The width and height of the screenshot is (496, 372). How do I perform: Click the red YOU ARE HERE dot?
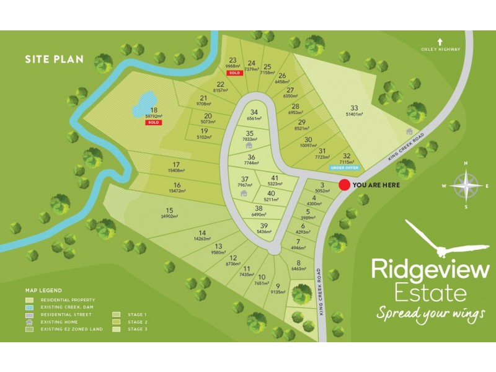[x=344, y=185]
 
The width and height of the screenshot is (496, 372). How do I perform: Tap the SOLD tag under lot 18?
[x=153, y=123]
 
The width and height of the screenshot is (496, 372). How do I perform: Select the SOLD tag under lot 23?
[x=234, y=73]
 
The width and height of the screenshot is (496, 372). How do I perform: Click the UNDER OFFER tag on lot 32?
[x=345, y=167]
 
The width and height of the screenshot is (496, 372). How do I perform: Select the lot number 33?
[x=354, y=107]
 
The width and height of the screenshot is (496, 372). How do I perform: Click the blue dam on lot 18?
[x=144, y=102]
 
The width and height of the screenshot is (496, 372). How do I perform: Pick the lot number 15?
[x=169, y=210]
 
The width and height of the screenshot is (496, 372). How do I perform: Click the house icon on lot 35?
[x=249, y=146]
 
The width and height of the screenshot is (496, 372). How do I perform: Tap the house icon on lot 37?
[x=244, y=193]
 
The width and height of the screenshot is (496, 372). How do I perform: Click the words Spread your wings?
[x=430, y=314]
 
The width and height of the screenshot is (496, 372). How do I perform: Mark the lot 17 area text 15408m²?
[x=177, y=170]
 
